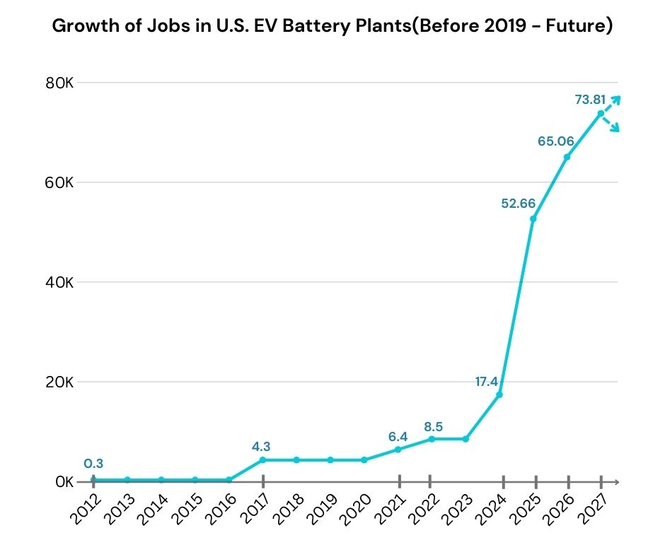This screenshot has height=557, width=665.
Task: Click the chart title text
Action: point(332,27)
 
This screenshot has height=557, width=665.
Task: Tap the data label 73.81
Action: point(591,100)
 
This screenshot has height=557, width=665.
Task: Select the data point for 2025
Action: point(533,218)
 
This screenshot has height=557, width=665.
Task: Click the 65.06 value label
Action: point(555,141)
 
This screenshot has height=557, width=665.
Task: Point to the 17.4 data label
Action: point(487,382)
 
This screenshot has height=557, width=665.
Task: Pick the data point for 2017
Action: point(262,460)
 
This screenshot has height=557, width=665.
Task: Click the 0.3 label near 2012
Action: point(93,464)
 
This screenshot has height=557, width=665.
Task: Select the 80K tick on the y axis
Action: point(60,83)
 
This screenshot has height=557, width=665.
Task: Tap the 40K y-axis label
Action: point(60,282)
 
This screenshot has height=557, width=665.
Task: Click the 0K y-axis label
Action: point(64,482)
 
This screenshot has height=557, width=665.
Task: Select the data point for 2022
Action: point(432,439)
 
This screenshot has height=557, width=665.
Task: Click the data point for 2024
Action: point(499,394)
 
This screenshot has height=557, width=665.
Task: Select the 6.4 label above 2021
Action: point(398,437)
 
